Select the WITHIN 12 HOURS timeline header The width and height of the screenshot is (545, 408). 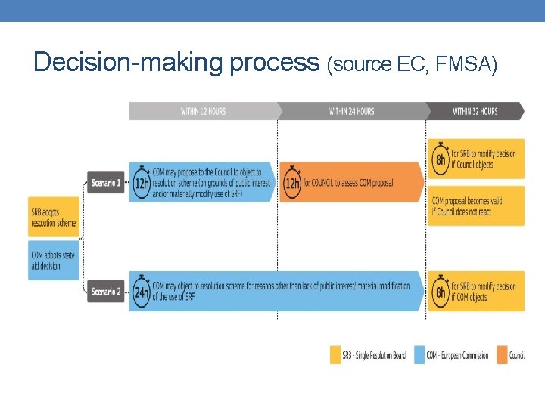click(203, 111)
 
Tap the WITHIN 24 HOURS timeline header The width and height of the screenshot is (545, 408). click(351, 111)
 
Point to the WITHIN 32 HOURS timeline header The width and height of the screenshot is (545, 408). click(475, 111)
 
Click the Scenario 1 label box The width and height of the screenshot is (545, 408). click(105, 183)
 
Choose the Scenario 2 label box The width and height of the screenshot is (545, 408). click(105, 292)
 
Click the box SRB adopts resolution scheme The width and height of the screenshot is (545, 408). click(54, 217)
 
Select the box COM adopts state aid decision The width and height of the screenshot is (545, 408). click(54, 261)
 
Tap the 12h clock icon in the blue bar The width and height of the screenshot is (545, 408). click(140, 183)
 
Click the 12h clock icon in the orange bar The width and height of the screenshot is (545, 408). click(291, 183)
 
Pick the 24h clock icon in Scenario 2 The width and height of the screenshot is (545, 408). click(141, 292)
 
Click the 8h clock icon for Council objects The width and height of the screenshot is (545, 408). click(440, 159)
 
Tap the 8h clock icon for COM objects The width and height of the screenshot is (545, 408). click(440, 292)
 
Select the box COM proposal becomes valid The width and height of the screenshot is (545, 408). click(476, 206)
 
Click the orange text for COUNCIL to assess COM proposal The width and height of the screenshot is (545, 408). click(348, 183)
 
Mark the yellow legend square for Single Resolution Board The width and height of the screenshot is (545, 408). click(335, 355)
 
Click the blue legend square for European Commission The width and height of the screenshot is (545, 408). click(419, 355)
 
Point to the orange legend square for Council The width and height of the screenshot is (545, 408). click(502, 355)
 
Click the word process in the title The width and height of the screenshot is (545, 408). click(275, 63)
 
